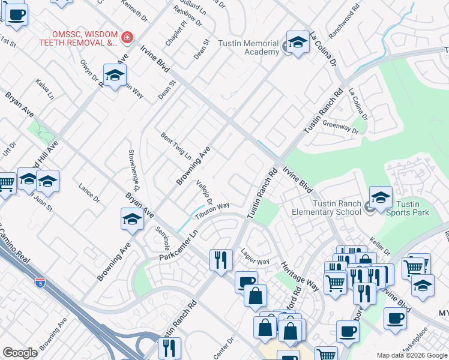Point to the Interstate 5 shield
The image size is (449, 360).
[x=40, y=281]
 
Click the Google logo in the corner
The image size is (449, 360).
[x=20, y=352]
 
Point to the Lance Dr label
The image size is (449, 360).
[x=89, y=193]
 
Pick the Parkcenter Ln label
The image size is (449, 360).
[x=178, y=247]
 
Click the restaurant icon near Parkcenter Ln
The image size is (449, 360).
[x=220, y=260]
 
